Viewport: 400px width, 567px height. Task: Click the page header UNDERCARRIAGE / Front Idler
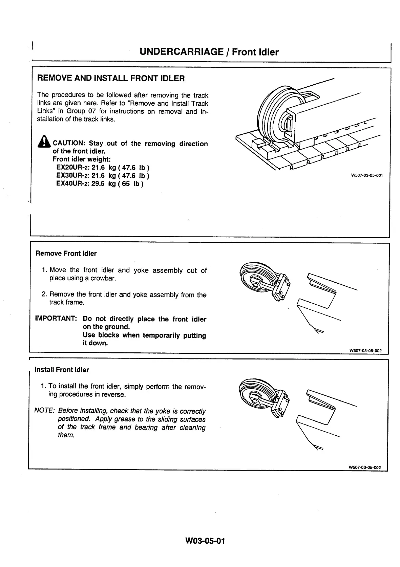coord(209,52)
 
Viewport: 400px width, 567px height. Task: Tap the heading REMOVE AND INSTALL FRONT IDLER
coord(111,79)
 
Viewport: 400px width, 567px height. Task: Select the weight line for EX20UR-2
coord(103,168)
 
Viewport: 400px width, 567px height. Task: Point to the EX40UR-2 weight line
coord(100,184)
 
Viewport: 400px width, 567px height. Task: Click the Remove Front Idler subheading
coord(66,254)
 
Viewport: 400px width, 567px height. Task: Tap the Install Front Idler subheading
coord(62,370)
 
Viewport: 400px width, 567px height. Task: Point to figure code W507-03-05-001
coord(367,175)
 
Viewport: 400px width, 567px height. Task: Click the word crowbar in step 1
coord(103,278)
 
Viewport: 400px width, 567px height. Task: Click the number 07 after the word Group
coord(92,111)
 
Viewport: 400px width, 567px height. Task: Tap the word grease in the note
coord(121,419)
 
